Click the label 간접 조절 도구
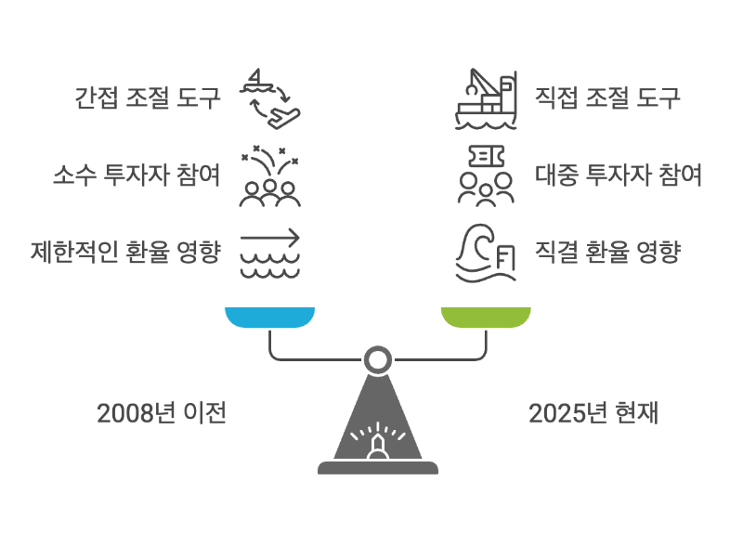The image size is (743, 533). (148, 97)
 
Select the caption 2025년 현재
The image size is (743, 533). (593, 413)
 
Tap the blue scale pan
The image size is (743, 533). (269, 318)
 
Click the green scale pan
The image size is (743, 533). (486, 318)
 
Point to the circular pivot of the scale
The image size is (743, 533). (377, 358)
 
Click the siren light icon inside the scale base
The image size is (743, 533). (377, 441)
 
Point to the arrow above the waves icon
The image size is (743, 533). (270, 252)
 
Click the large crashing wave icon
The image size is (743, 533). (484, 252)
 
